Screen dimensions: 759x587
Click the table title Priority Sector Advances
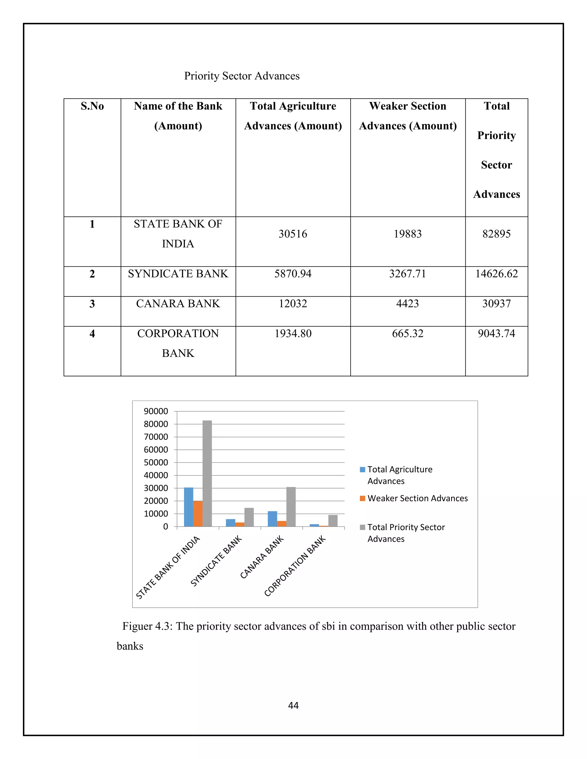click(x=242, y=76)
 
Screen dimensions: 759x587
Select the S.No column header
click(x=92, y=106)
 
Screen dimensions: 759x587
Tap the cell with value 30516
click(x=293, y=234)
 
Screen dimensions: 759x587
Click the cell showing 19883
click(x=408, y=234)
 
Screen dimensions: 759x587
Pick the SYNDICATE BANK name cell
click(x=178, y=274)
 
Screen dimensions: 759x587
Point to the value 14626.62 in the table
click(x=496, y=274)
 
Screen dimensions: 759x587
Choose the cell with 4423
click(x=408, y=304)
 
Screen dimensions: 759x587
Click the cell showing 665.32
click(x=408, y=334)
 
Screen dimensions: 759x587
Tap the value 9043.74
click(x=496, y=334)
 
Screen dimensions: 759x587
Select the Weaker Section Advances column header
click(x=408, y=116)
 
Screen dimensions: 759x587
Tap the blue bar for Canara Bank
click(x=272, y=519)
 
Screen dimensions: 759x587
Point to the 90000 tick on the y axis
click(x=156, y=412)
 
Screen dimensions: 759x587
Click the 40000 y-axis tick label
click(x=156, y=475)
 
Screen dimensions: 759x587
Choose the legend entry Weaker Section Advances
click(x=417, y=498)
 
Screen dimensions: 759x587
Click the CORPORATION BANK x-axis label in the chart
click(x=295, y=566)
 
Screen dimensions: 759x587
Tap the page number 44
click(x=293, y=705)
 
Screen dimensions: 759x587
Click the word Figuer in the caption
click(x=137, y=626)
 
